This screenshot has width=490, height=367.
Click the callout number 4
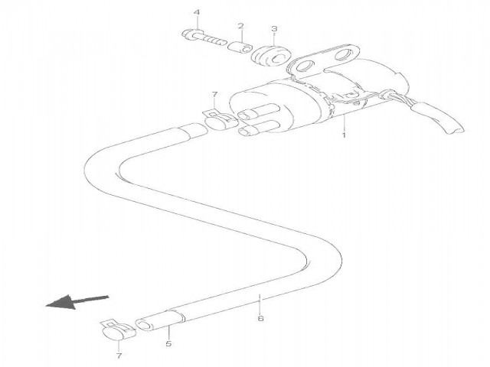[x=197, y=13]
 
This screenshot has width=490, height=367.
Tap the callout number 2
[x=240, y=27]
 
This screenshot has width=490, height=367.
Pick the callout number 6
[x=261, y=318]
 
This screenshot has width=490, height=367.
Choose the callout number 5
[x=168, y=345]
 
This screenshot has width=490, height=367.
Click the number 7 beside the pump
[x=215, y=94]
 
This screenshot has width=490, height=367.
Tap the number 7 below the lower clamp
[x=118, y=356]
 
